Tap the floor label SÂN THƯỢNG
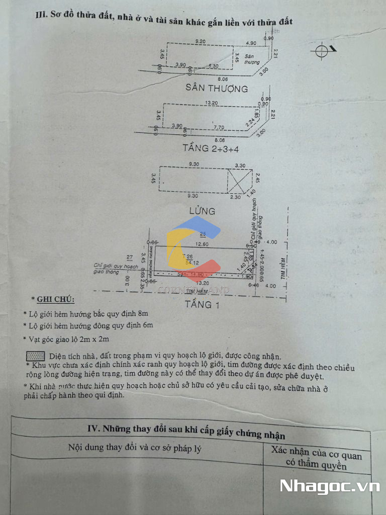[217, 89]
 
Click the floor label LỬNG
[202, 211]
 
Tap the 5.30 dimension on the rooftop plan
[213, 66]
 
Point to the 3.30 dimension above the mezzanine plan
[240, 165]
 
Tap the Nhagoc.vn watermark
[329, 486]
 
